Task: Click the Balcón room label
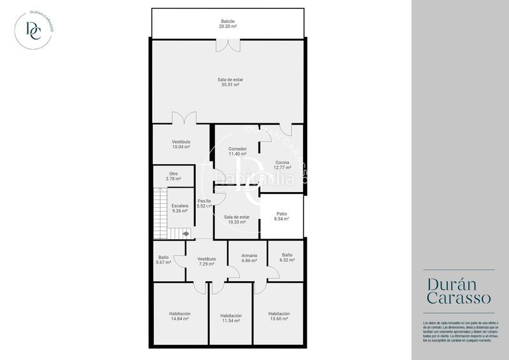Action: pos(228,22)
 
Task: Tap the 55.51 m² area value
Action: pos(230,85)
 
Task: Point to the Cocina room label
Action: pos(282,163)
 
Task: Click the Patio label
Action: pos(282,214)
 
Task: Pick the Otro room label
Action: pos(173,174)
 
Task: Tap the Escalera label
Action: pos(180,205)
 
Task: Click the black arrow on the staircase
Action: pos(185,234)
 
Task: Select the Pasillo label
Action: pos(204,201)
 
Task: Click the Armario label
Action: pos(249,256)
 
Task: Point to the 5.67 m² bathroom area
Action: pos(164,263)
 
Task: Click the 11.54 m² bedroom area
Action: pos(230,321)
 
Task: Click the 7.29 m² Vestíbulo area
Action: pos(207,264)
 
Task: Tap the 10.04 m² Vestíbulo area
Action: pos(181,147)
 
